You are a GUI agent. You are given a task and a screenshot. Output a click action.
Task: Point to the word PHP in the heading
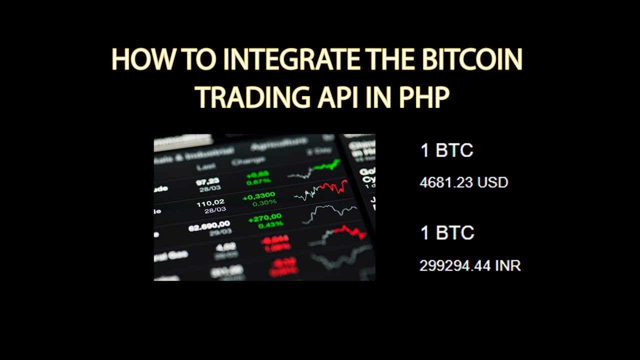pyautogui.click(x=423, y=96)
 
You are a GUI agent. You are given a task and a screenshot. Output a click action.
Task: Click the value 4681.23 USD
pyautogui.click(x=463, y=182)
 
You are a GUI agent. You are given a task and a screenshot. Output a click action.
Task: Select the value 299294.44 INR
pyautogui.click(x=470, y=265)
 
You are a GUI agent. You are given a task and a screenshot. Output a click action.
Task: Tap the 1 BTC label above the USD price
pyautogui.click(x=446, y=150)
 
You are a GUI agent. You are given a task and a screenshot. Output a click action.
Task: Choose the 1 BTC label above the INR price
pyautogui.click(x=446, y=233)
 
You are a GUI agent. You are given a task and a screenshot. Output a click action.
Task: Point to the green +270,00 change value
pyautogui.click(x=264, y=218)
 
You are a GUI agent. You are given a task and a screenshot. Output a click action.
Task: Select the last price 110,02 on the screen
pyautogui.click(x=210, y=202)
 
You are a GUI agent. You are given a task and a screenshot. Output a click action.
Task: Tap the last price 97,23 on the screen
pyautogui.click(x=207, y=181)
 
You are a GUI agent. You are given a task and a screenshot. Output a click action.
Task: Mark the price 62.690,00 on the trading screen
pyautogui.click(x=209, y=224)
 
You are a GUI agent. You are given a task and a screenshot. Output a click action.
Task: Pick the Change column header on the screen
pyautogui.click(x=248, y=161)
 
